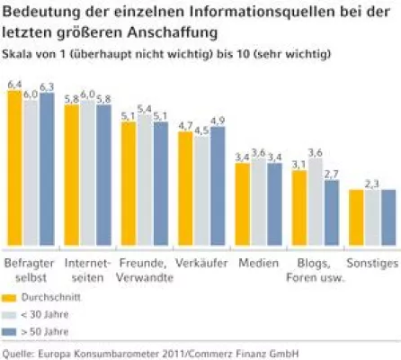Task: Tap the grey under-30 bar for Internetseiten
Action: [x=86, y=174]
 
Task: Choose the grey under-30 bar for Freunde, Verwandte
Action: [x=144, y=181]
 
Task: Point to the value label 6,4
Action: [x=13, y=84]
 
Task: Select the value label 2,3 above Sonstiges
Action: [x=372, y=184]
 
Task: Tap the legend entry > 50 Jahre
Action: [x=50, y=332]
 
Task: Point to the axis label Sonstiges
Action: [x=371, y=263]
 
